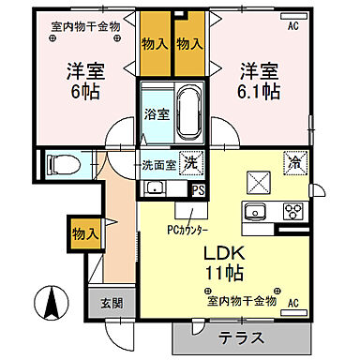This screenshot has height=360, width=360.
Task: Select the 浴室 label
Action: click(x=156, y=115)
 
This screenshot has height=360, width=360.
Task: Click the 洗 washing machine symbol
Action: click(x=189, y=162)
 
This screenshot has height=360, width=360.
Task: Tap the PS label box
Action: click(x=197, y=188)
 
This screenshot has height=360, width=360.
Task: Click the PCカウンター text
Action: click(x=187, y=229)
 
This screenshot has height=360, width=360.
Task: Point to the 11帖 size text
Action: click(x=227, y=277)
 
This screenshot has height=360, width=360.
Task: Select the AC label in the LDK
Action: click(x=293, y=304)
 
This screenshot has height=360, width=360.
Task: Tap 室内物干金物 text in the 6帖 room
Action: click(x=85, y=26)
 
